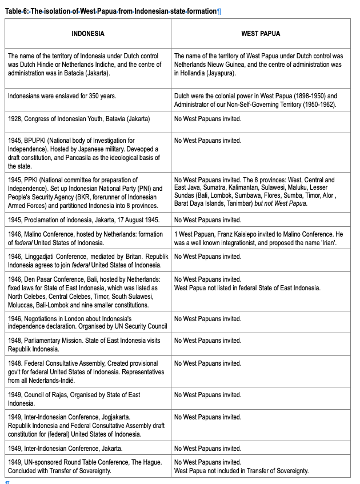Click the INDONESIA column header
tap(88, 34)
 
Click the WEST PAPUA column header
tap(261, 34)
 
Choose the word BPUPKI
tap(35, 141)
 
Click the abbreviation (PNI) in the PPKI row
tap(125, 189)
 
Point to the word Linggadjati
tap(41, 257)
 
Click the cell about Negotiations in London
tap(88, 322)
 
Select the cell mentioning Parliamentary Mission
tap(88, 345)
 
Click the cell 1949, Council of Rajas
tap(88, 399)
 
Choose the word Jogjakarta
tap(114, 417)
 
